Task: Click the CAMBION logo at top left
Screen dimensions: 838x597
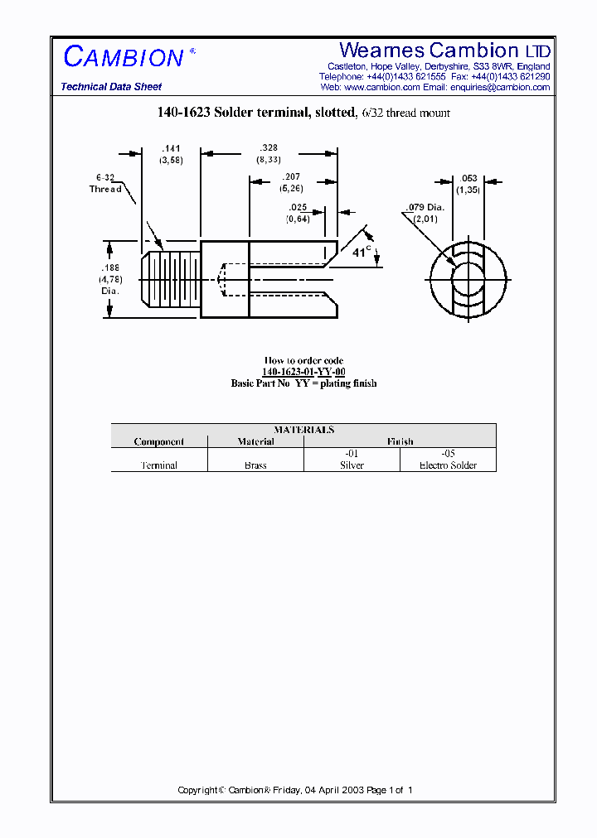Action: [x=124, y=56]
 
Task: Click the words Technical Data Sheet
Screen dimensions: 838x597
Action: [x=111, y=87]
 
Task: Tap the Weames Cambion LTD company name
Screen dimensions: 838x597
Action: [x=444, y=51]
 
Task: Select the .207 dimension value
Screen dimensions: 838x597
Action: [x=291, y=176]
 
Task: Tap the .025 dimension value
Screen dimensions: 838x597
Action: [x=298, y=207]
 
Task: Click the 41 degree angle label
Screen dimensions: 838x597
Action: [x=361, y=252]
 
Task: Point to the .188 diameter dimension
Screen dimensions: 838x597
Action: [x=109, y=268]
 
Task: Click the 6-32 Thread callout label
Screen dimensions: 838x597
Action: [x=105, y=183]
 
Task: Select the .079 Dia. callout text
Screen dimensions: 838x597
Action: [x=425, y=207]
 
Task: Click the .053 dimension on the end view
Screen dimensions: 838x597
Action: [x=468, y=178]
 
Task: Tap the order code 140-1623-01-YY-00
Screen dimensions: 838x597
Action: [x=303, y=372]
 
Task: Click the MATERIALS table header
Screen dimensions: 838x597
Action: [x=303, y=430]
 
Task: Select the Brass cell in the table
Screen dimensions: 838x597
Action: [x=255, y=465]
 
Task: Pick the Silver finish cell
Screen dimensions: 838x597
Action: [x=352, y=465]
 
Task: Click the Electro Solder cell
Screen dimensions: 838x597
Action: [x=448, y=465]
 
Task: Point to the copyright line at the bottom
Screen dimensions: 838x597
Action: [x=295, y=790]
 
